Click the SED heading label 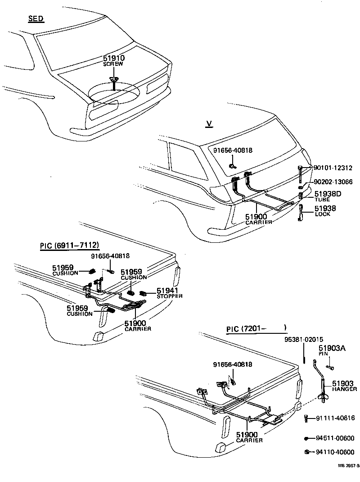pyautogui.click(x=36, y=19)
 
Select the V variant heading pyautogui.click(x=208, y=124)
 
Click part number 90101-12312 pyautogui.click(x=333, y=168)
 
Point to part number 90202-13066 pyautogui.click(x=333, y=182)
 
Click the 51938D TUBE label pyautogui.click(x=328, y=196)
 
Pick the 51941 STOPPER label pyautogui.click(x=169, y=293)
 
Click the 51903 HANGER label pyautogui.click(x=344, y=386)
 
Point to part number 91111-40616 pyautogui.click(x=335, y=418)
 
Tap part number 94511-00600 pyautogui.click(x=335, y=438)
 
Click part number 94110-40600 pyautogui.click(x=335, y=452)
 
